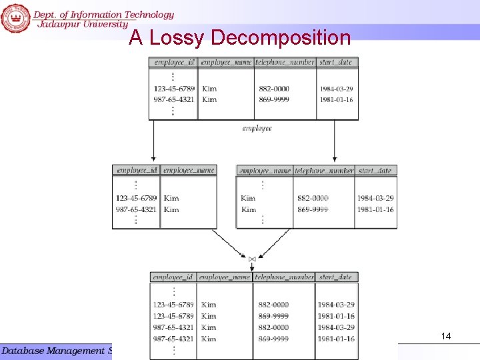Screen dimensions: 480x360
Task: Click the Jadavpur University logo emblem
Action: click(15, 17)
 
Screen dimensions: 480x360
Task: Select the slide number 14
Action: click(446, 337)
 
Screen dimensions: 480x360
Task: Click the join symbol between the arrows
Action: click(252, 259)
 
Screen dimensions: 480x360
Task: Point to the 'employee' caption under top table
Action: click(257, 128)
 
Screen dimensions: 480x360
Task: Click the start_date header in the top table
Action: click(336, 62)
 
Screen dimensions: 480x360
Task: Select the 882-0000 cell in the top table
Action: click(274, 89)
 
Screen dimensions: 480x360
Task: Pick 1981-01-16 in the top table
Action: click(336, 100)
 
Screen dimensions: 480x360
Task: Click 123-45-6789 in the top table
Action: click(174, 89)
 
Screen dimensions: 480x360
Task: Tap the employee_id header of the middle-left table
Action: click(137, 170)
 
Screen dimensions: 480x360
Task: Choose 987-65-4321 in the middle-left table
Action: click(136, 209)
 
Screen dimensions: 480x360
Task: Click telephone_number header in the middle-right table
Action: click(324, 171)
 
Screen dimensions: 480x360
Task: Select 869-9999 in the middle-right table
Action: click(313, 209)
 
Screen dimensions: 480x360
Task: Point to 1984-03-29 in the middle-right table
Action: click(375, 198)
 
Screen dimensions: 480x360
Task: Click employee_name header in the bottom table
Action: click(225, 277)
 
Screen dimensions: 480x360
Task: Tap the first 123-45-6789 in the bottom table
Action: click(173, 305)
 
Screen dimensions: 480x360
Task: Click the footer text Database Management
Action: click(53, 351)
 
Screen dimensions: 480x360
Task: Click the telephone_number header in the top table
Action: click(285, 62)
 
